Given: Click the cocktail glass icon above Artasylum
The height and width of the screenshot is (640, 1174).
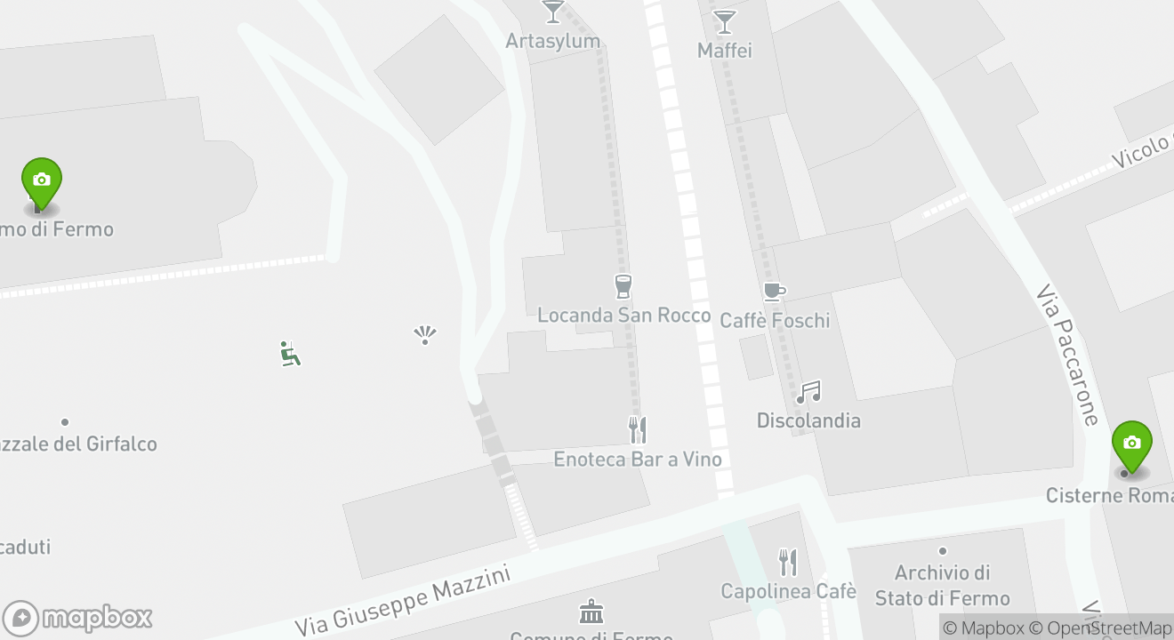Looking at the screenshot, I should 553,12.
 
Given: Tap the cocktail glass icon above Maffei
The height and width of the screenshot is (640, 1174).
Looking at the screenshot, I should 725,21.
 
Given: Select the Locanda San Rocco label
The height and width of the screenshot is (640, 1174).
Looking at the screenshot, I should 623,316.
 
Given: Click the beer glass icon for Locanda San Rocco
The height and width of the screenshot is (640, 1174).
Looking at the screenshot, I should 623,286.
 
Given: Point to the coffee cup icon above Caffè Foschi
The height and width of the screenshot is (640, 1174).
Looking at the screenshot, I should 774,291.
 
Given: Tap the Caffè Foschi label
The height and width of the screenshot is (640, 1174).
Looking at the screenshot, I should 774,320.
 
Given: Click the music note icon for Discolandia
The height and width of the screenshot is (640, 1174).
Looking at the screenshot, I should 808,392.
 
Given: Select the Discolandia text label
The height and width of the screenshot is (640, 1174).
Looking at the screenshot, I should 808,420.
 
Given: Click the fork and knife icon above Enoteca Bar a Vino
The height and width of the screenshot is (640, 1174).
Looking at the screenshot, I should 638,430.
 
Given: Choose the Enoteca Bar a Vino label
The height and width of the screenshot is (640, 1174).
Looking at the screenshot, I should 637,459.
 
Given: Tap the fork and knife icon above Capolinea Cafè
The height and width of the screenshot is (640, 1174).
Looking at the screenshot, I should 788,562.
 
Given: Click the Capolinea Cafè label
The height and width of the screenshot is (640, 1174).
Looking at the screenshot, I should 788,591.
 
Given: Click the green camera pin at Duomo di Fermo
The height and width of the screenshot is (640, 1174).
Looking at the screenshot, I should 41,183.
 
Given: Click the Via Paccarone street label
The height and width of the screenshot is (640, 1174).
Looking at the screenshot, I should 1068,355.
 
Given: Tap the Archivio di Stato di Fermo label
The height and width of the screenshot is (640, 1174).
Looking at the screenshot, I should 942,585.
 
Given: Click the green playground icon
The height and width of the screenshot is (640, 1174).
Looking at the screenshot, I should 290,354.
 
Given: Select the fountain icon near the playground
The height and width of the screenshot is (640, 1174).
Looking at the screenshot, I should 425,335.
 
